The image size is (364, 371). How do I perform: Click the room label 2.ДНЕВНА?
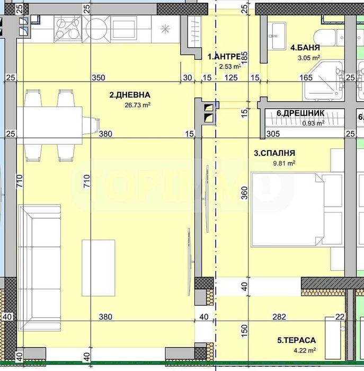[130, 95]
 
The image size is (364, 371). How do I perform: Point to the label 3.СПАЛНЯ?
[274, 154]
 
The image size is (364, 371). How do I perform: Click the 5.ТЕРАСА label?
[296, 340]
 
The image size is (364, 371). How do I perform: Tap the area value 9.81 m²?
[283, 164]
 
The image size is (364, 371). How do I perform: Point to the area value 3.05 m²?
[309, 58]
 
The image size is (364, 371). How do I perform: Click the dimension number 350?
[98, 77]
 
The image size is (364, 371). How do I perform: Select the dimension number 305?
[273, 134]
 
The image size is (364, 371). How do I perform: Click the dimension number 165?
[306, 77]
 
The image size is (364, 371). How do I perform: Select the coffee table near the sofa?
[99, 268]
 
